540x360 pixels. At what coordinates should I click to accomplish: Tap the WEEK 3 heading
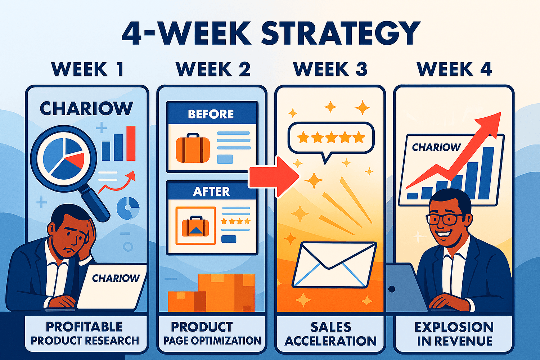330,69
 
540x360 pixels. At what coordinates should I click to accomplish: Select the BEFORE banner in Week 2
211,114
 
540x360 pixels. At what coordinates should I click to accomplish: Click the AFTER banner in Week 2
211,191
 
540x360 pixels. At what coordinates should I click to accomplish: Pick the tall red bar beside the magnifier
131,143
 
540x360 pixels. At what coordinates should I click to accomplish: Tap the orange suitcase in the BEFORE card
193,148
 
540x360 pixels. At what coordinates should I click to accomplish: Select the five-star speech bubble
330,137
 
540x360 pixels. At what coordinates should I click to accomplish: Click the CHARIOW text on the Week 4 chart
436,147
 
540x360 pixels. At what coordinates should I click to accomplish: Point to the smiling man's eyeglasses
444,219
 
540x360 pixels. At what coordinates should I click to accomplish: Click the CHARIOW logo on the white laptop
116,278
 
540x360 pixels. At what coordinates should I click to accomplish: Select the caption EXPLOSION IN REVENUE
454,334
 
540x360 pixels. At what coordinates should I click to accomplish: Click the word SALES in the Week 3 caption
331,327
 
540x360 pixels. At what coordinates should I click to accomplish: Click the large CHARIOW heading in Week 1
86,108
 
